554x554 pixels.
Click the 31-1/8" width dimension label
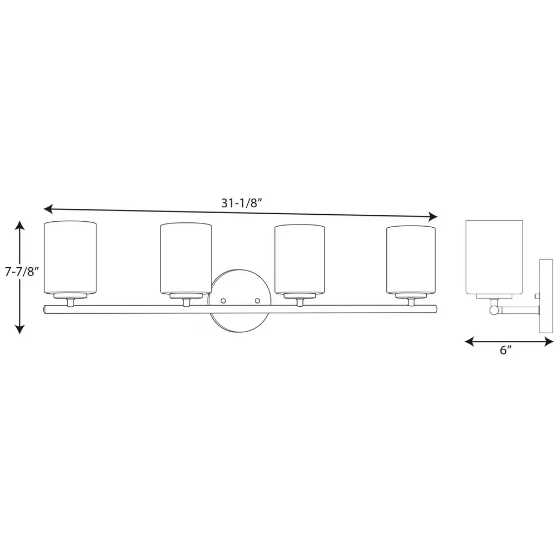click(x=242, y=203)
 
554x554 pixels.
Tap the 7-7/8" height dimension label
click(x=21, y=272)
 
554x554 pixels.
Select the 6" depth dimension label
click(x=506, y=350)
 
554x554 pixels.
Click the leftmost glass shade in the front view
click(x=70, y=258)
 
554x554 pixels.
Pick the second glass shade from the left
click(x=186, y=259)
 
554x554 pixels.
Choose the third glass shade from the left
click(x=300, y=260)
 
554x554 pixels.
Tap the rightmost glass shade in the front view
click(x=411, y=260)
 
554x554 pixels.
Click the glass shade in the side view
click(x=494, y=257)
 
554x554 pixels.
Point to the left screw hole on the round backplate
click(x=223, y=301)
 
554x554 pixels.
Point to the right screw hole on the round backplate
click(x=258, y=301)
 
